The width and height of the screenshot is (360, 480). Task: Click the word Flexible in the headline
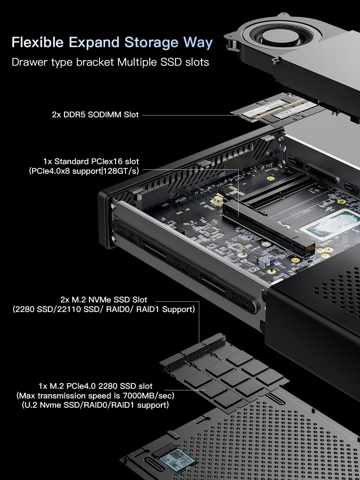pyautogui.click(x=37, y=42)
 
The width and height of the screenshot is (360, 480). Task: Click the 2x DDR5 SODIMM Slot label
pyautogui.click(x=95, y=115)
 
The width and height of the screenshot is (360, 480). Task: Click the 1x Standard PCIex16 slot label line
pyautogui.click(x=91, y=161)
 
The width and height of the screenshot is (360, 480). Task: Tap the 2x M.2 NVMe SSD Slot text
pyautogui.click(x=104, y=299)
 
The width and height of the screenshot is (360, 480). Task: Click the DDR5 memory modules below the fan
pyautogui.click(x=273, y=112)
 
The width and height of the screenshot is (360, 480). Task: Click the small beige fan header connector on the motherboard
pyautogui.click(x=218, y=202)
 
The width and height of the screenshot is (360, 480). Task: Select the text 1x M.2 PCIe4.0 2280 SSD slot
pyautogui.click(x=95, y=386)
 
